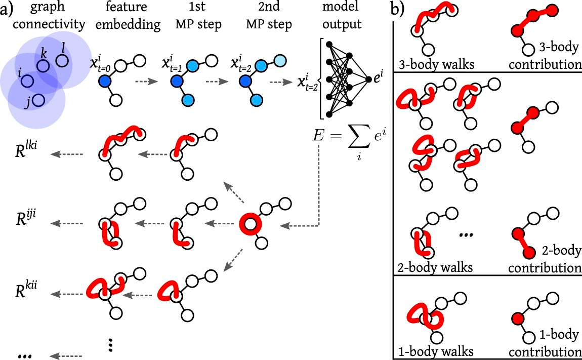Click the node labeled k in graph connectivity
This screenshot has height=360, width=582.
click(x=43, y=66)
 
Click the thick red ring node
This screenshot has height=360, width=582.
click(x=249, y=223)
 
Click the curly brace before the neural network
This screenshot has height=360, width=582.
click(x=318, y=79)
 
